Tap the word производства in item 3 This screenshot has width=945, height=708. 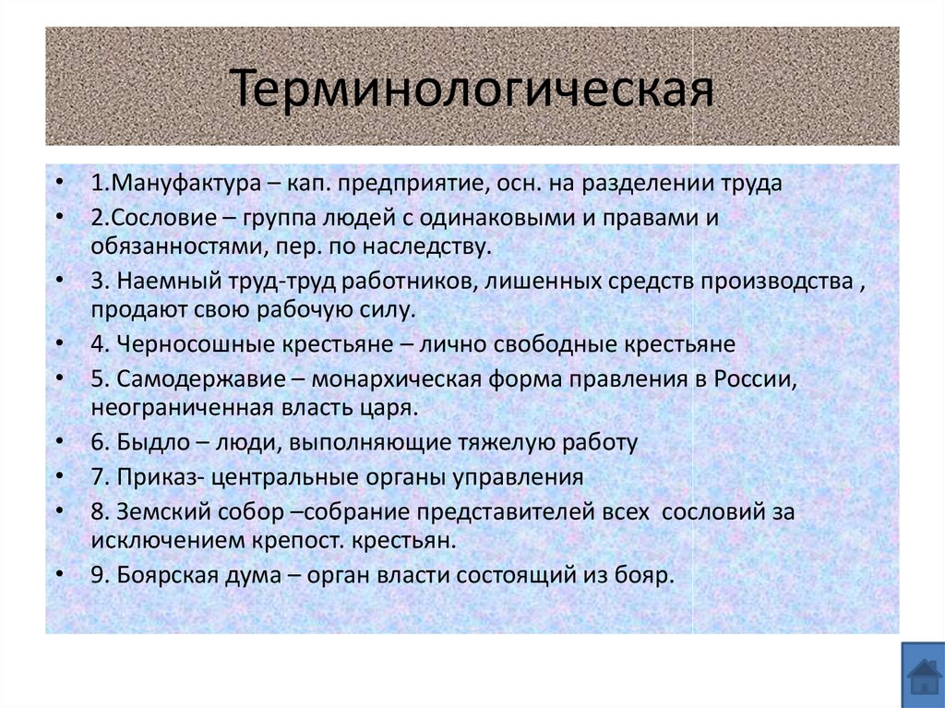click(x=777, y=281)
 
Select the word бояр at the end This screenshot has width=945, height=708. click(x=649, y=574)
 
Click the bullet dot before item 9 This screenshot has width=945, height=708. click(x=60, y=573)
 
